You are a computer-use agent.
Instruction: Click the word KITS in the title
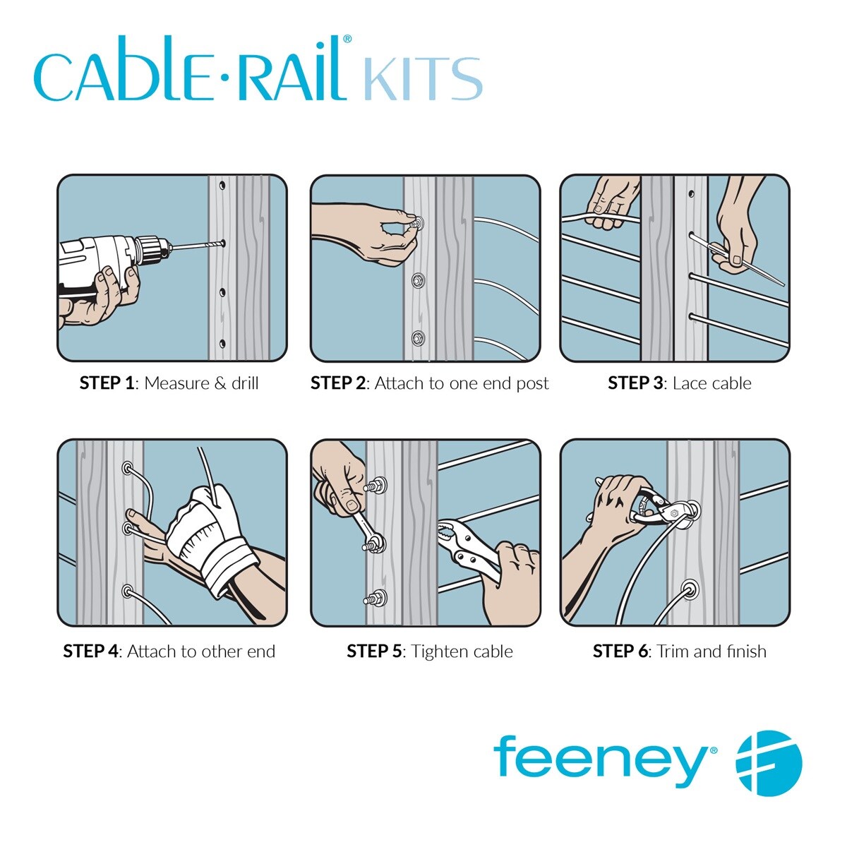point(423,78)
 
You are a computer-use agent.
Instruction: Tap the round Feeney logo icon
point(769,762)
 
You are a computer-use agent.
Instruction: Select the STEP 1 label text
point(107,383)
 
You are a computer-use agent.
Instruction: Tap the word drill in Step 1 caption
point(245,383)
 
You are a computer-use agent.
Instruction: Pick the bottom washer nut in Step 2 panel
point(418,338)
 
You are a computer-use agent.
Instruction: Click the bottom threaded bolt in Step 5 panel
point(376,599)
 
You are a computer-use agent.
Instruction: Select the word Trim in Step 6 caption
point(673,651)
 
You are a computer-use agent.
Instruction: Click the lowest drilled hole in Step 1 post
point(222,343)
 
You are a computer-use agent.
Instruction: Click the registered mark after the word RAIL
point(347,39)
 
